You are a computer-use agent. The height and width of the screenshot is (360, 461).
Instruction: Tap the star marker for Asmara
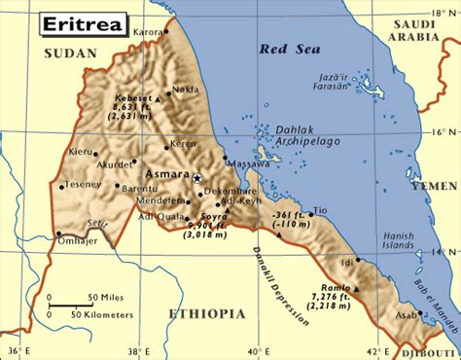point(196,178)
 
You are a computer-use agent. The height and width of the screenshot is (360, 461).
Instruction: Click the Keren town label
point(183,144)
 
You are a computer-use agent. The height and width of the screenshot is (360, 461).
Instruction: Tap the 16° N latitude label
point(443,129)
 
